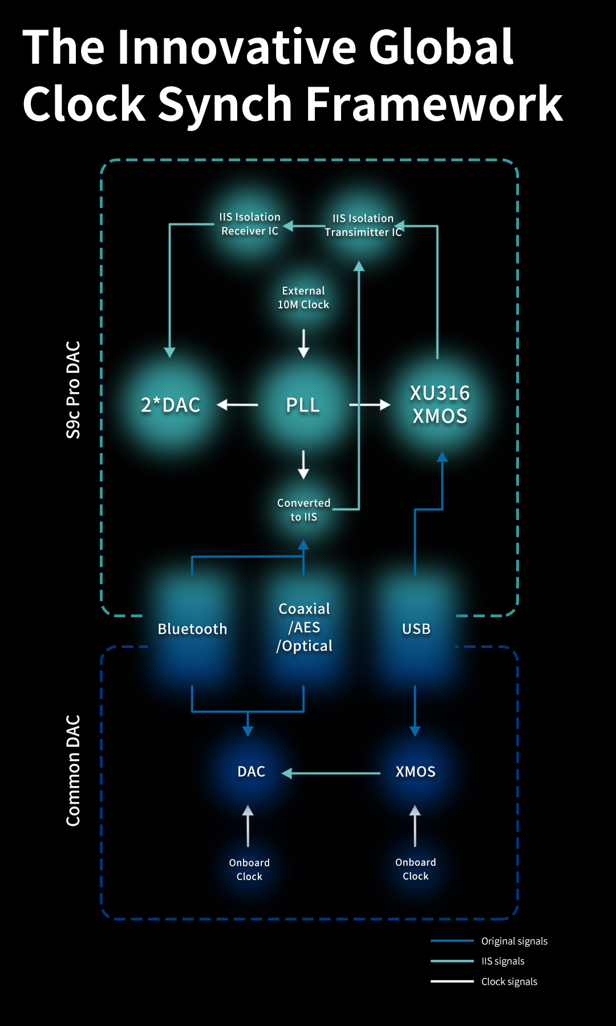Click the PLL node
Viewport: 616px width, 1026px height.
[x=303, y=405]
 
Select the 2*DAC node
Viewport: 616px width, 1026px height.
[x=171, y=405]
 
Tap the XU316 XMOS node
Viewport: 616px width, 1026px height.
[x=440, y=405]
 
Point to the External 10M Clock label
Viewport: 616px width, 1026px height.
[x=303, y=298]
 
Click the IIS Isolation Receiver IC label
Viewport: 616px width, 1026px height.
[x=250, y=224]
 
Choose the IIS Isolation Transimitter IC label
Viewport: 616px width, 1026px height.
[x=363, y=225]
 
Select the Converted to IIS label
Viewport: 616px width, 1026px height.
[x=303, y=510]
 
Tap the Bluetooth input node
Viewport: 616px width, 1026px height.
[x=192, y=629]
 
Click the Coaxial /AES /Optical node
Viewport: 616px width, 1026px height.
[x=304, y=627]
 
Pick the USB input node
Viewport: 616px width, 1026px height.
[x=416, y=629]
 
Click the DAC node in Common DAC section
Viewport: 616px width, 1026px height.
[x=251, y=772]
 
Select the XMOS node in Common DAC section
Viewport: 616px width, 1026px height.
[x=415, y=772]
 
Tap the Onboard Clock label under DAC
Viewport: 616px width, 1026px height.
[x=249, y=870]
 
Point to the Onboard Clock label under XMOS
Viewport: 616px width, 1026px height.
[x=415, y=869]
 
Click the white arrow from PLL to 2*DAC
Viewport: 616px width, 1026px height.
[x=238, y=405]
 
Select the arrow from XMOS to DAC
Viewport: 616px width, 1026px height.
[x=331, y=773]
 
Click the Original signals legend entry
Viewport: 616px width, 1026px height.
[x=514, y=941]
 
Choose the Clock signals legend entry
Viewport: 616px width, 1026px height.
[x=509, y=982]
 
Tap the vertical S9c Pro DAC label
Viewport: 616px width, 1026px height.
[x=74, y=390]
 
